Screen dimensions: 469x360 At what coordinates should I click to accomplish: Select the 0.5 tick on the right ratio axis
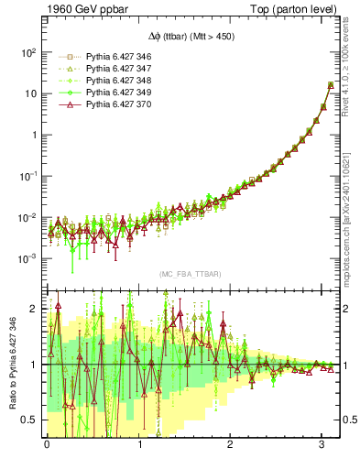pos(350,420)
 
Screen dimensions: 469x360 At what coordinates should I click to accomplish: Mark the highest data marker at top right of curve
pos(331,85)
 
